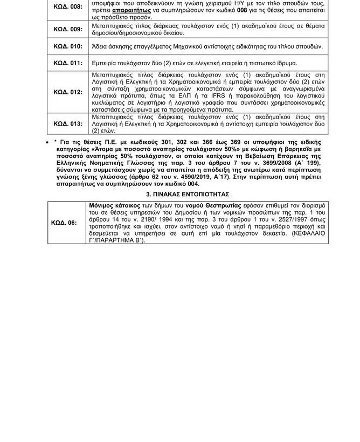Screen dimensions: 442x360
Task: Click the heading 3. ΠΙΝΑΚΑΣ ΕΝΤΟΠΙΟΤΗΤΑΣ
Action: pos(188,194)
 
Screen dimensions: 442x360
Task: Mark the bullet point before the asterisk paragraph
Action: pos(49,142)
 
